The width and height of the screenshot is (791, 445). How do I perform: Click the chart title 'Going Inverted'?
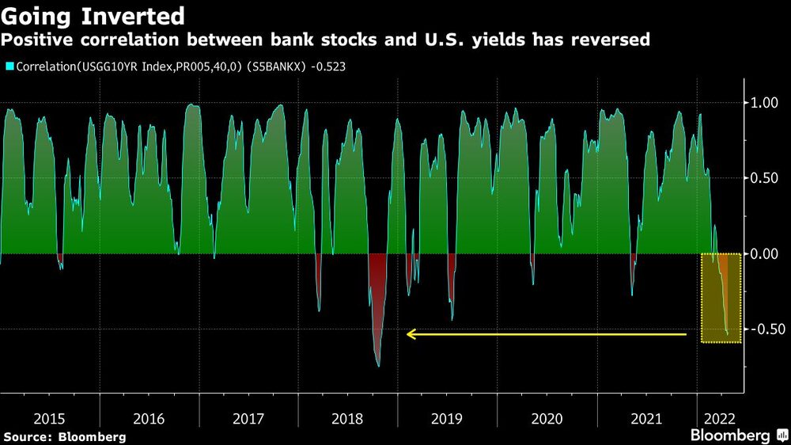pos(93,15)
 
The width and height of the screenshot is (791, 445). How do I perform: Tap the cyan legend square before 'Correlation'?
pos(9,67)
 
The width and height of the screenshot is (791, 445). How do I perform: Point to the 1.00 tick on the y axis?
pos(764,103)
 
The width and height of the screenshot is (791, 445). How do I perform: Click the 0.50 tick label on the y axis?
pos(764,178)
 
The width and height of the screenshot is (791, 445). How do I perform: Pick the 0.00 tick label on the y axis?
pos(764,253)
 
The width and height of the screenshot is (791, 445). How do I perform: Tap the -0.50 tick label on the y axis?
pos(763,329)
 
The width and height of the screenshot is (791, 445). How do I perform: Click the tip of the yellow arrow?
pos(408,335)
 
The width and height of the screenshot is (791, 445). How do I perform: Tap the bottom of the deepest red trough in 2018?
pos(378,366)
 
